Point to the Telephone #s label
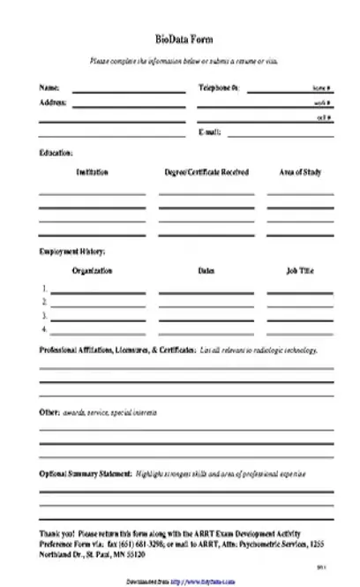pyautogui.click(x=219, y=89)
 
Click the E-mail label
pyautogui.click(x=211, y=132)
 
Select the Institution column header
pyautogui.click(x=92, y=172)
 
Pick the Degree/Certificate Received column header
pyautogui.click(x=206, y=172)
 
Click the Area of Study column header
pyautogui.click(x=300, y=172)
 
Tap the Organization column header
pyautogui.click(x=92, y=271)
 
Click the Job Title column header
pyautogui.click(x=300, y=271)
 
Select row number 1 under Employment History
pyautogui.click(x=44, y=289)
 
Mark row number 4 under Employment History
pyautogui.click(x=44, y=328)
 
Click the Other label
pyautogui.click(x=49, y=412)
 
